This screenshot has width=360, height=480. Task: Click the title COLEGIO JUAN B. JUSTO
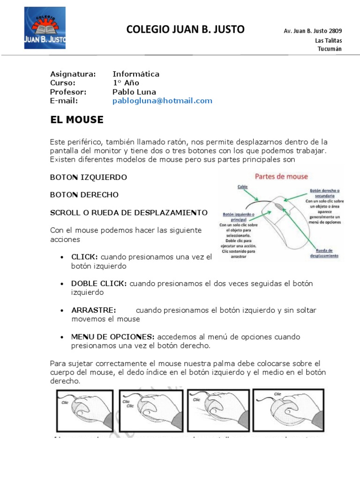(186, 30)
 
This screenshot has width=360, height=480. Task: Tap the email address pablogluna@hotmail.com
(162, 101)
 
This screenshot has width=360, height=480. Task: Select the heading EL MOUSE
(76, 120)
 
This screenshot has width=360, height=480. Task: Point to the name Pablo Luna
(134, 92)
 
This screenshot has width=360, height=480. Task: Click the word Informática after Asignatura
(136, 74)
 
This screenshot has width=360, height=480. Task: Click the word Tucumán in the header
(330, 49)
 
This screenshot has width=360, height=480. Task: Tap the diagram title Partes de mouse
(281, 177)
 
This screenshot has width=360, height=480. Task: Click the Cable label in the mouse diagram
(242, 186)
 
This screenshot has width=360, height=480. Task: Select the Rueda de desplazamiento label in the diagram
(324, 253)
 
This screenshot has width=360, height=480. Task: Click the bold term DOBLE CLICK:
(99, 284)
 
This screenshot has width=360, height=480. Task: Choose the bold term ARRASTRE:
(93, 310)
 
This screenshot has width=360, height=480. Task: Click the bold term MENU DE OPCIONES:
(112, 337)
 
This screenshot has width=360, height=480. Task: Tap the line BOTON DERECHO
(84, 195)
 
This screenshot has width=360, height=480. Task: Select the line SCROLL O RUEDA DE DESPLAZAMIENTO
(128, 212)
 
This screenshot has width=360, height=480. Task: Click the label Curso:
(63, 83)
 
